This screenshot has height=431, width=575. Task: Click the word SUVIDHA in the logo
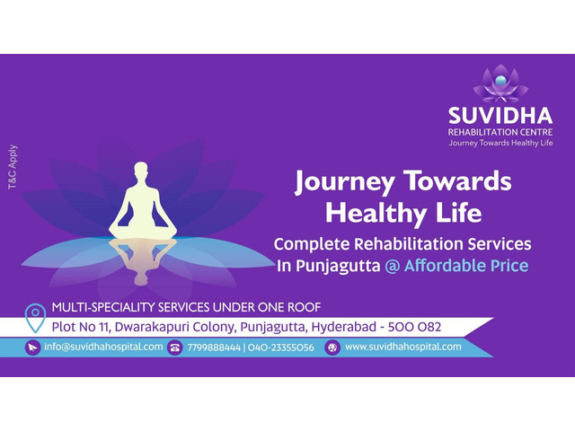pyautogui.click(x=500, y=116)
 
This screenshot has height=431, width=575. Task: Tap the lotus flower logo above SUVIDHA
pyautogui.click(x=500, y=84)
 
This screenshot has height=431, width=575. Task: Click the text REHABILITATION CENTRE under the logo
pyautogui.click(x=500, y=132)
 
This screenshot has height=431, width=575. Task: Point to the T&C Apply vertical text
pyautogui.click(x=13, y=167)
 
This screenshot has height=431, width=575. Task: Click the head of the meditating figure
pyautogui.click(x=141, y=170)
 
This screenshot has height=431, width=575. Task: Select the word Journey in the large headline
pyautogui.click(x=345, y=182)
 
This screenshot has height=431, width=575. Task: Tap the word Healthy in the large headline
pyautogui.click(x=376, y=214)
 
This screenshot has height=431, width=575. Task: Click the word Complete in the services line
pyautogui.click(x=312, y=244)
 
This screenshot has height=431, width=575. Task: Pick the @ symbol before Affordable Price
pyautogui.click(x=393, y=266)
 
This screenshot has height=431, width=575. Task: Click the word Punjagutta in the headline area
pyautogui.click(x=338, y=267)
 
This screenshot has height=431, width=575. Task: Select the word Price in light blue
pyautogui.click(x=509, y=266)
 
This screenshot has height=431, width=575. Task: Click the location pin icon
pyautogui.click(x=35, y=318)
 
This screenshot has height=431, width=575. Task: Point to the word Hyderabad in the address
pyautogui.click(x=343, y=327)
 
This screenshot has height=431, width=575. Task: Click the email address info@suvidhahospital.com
pyautogui.click(x=103, y=347)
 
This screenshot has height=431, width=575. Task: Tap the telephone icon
pyautogui.click(x=175, y=347)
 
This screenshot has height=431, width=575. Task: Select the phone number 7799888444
pyautogui.click(x=214, y=347)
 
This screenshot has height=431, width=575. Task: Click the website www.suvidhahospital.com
pyautogui.click(x=403, y=347)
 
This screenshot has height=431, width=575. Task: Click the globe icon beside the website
pyautogui.click(x=332, y=347)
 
